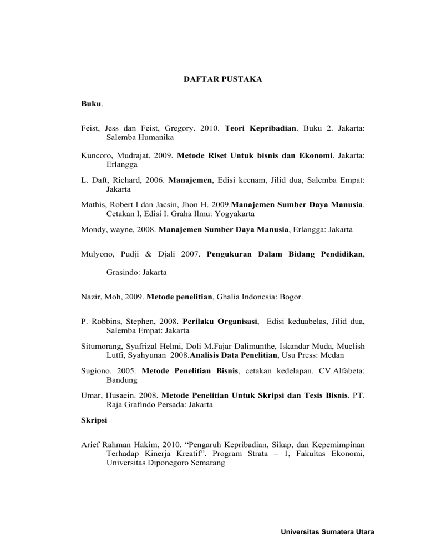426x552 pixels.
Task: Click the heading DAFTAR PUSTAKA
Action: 223,79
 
